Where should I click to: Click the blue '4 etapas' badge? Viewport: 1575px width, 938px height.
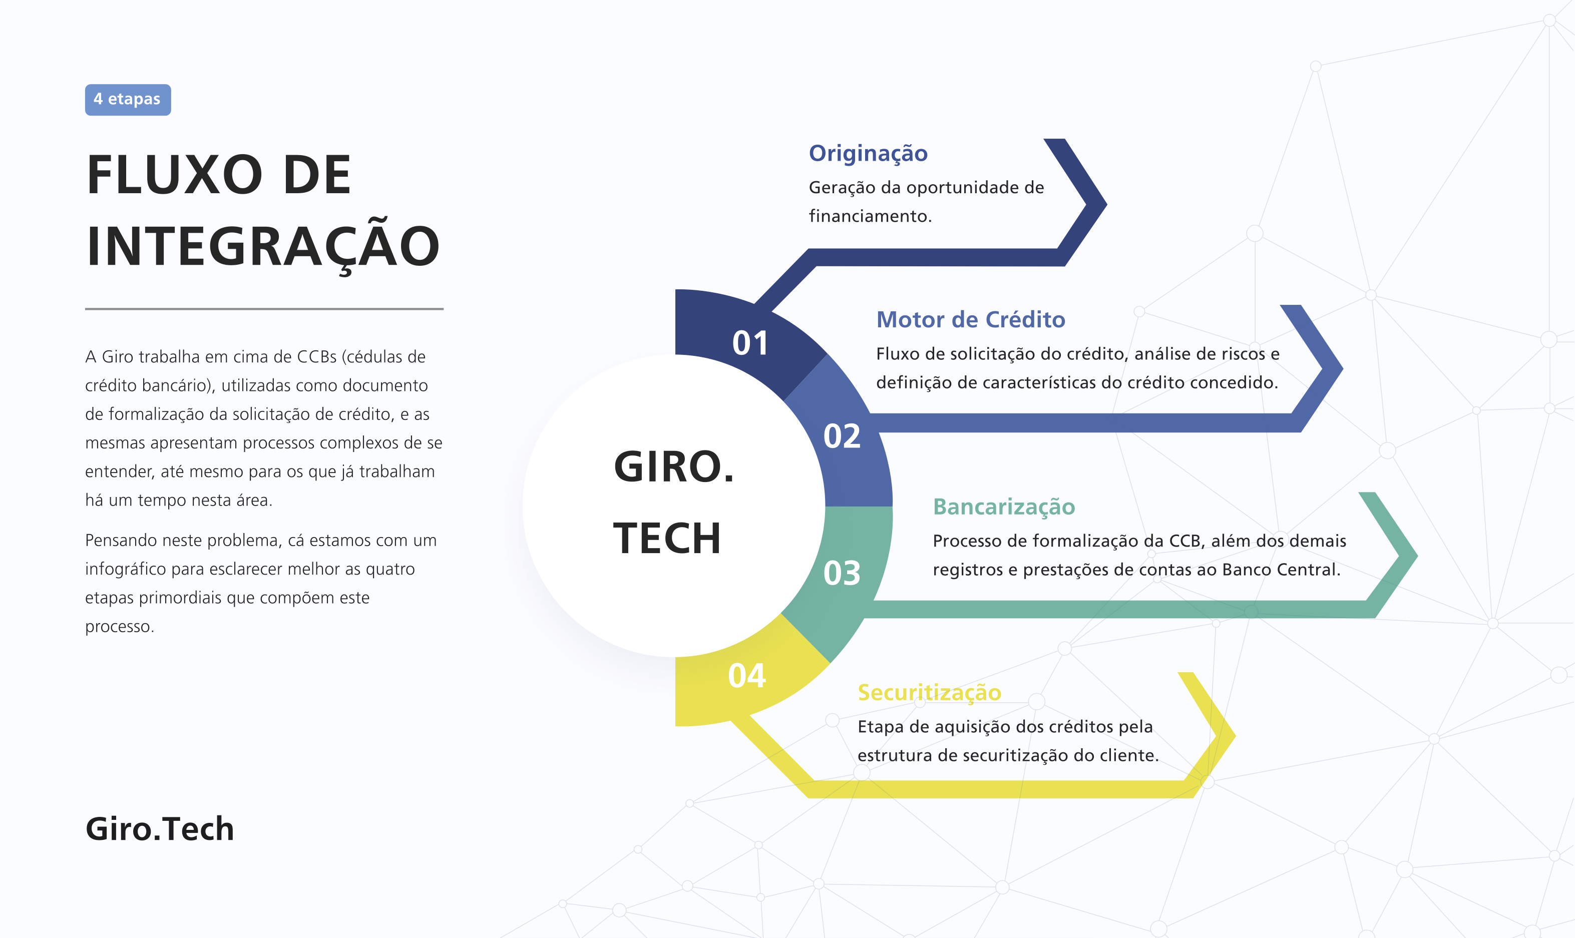128,99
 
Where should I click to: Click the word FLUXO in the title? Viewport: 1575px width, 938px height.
174,175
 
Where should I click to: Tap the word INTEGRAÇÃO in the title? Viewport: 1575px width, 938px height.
263,246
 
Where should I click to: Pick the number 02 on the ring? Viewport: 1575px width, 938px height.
842,436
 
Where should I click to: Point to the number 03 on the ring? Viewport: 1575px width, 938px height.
842,573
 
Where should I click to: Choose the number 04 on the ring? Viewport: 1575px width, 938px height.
746,676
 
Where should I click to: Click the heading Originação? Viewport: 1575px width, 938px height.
869,154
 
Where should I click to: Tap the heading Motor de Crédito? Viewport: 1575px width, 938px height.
971,320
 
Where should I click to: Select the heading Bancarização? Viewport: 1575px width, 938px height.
1004,508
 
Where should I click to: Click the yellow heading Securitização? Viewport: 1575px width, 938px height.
929,693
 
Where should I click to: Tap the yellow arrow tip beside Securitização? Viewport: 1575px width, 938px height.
1236,735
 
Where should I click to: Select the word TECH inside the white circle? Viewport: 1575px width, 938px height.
667,539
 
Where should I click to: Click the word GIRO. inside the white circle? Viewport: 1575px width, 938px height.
674,467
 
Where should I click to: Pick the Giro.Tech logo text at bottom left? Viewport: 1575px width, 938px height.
160,829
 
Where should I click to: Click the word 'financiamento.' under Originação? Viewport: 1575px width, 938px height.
870,216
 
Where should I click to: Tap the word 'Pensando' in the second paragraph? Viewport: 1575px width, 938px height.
121,541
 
